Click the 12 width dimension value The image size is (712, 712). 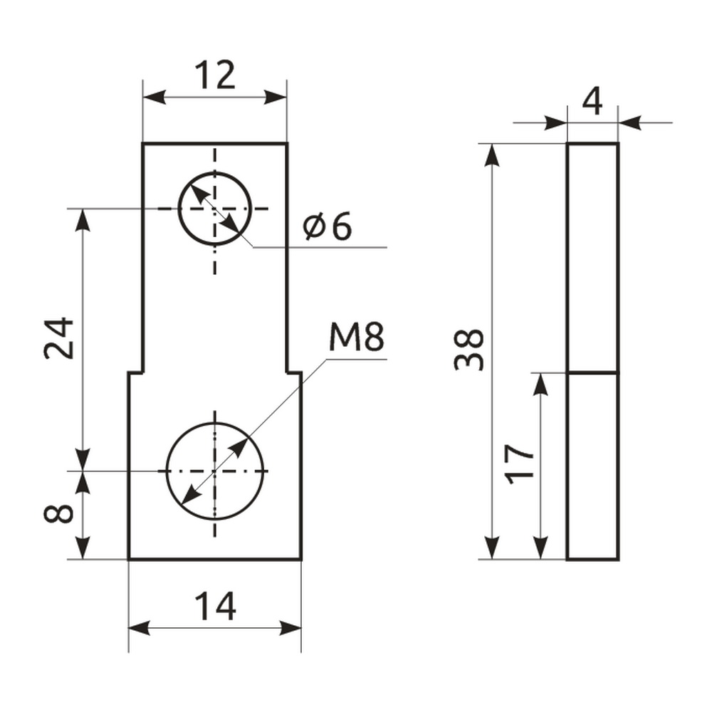point(215,75)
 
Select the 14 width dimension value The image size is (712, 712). point(215,606)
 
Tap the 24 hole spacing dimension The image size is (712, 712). point(59,338)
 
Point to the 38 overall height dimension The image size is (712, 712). point(469,350)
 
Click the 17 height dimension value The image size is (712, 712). point(519,464)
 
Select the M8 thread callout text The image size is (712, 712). point(357,337)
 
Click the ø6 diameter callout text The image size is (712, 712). point(328,226)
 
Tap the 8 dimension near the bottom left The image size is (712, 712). point(58,513)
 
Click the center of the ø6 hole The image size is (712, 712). point(214,209)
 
